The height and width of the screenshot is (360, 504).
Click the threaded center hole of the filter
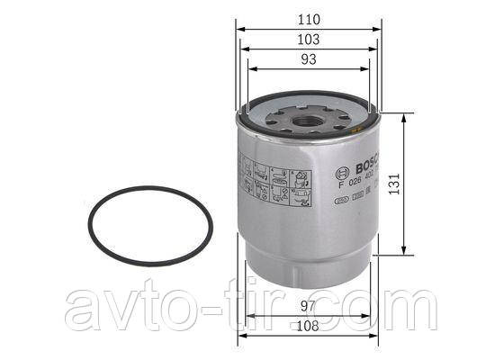tap(310, 114)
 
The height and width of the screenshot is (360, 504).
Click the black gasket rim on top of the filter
tap(270, 126)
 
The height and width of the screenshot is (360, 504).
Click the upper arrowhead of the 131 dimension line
tap(400, 116)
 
